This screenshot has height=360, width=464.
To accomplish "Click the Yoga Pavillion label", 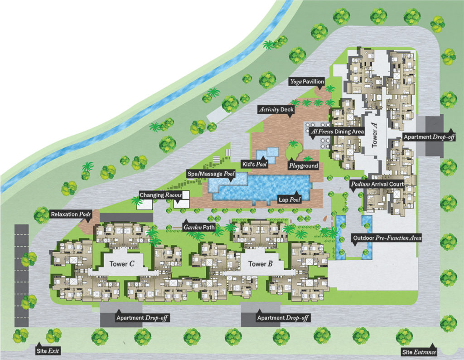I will click(307, 82).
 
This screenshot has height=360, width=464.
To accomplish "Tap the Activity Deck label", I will click(276, 109).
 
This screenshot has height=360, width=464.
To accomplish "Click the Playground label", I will click(304, 166).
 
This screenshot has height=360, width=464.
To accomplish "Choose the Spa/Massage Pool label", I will click(211, 174).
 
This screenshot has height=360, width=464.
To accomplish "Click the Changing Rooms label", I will click(160, 195).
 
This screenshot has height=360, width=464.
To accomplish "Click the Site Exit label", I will click(48, 351).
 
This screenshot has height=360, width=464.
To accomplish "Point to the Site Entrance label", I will click(419, 352).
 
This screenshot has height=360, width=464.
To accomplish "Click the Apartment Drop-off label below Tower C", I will click(142, 318).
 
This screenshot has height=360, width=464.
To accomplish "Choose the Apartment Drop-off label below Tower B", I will click(283, 318).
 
